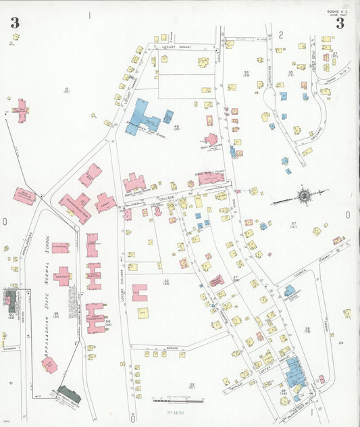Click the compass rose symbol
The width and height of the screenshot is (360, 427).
tap(305, 196)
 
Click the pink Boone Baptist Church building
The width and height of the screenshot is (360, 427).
tap(211, 178)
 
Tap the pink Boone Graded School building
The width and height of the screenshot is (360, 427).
tap(134, 183)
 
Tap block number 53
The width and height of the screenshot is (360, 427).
tap(192, 386)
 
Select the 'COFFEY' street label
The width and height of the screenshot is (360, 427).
tap(262, 368)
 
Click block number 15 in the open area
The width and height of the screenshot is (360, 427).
tap(66, 89)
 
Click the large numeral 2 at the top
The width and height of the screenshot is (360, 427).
tap(280, 33)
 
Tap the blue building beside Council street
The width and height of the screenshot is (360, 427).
tap(290, 291)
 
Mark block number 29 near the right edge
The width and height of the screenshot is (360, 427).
tap(341, 343)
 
